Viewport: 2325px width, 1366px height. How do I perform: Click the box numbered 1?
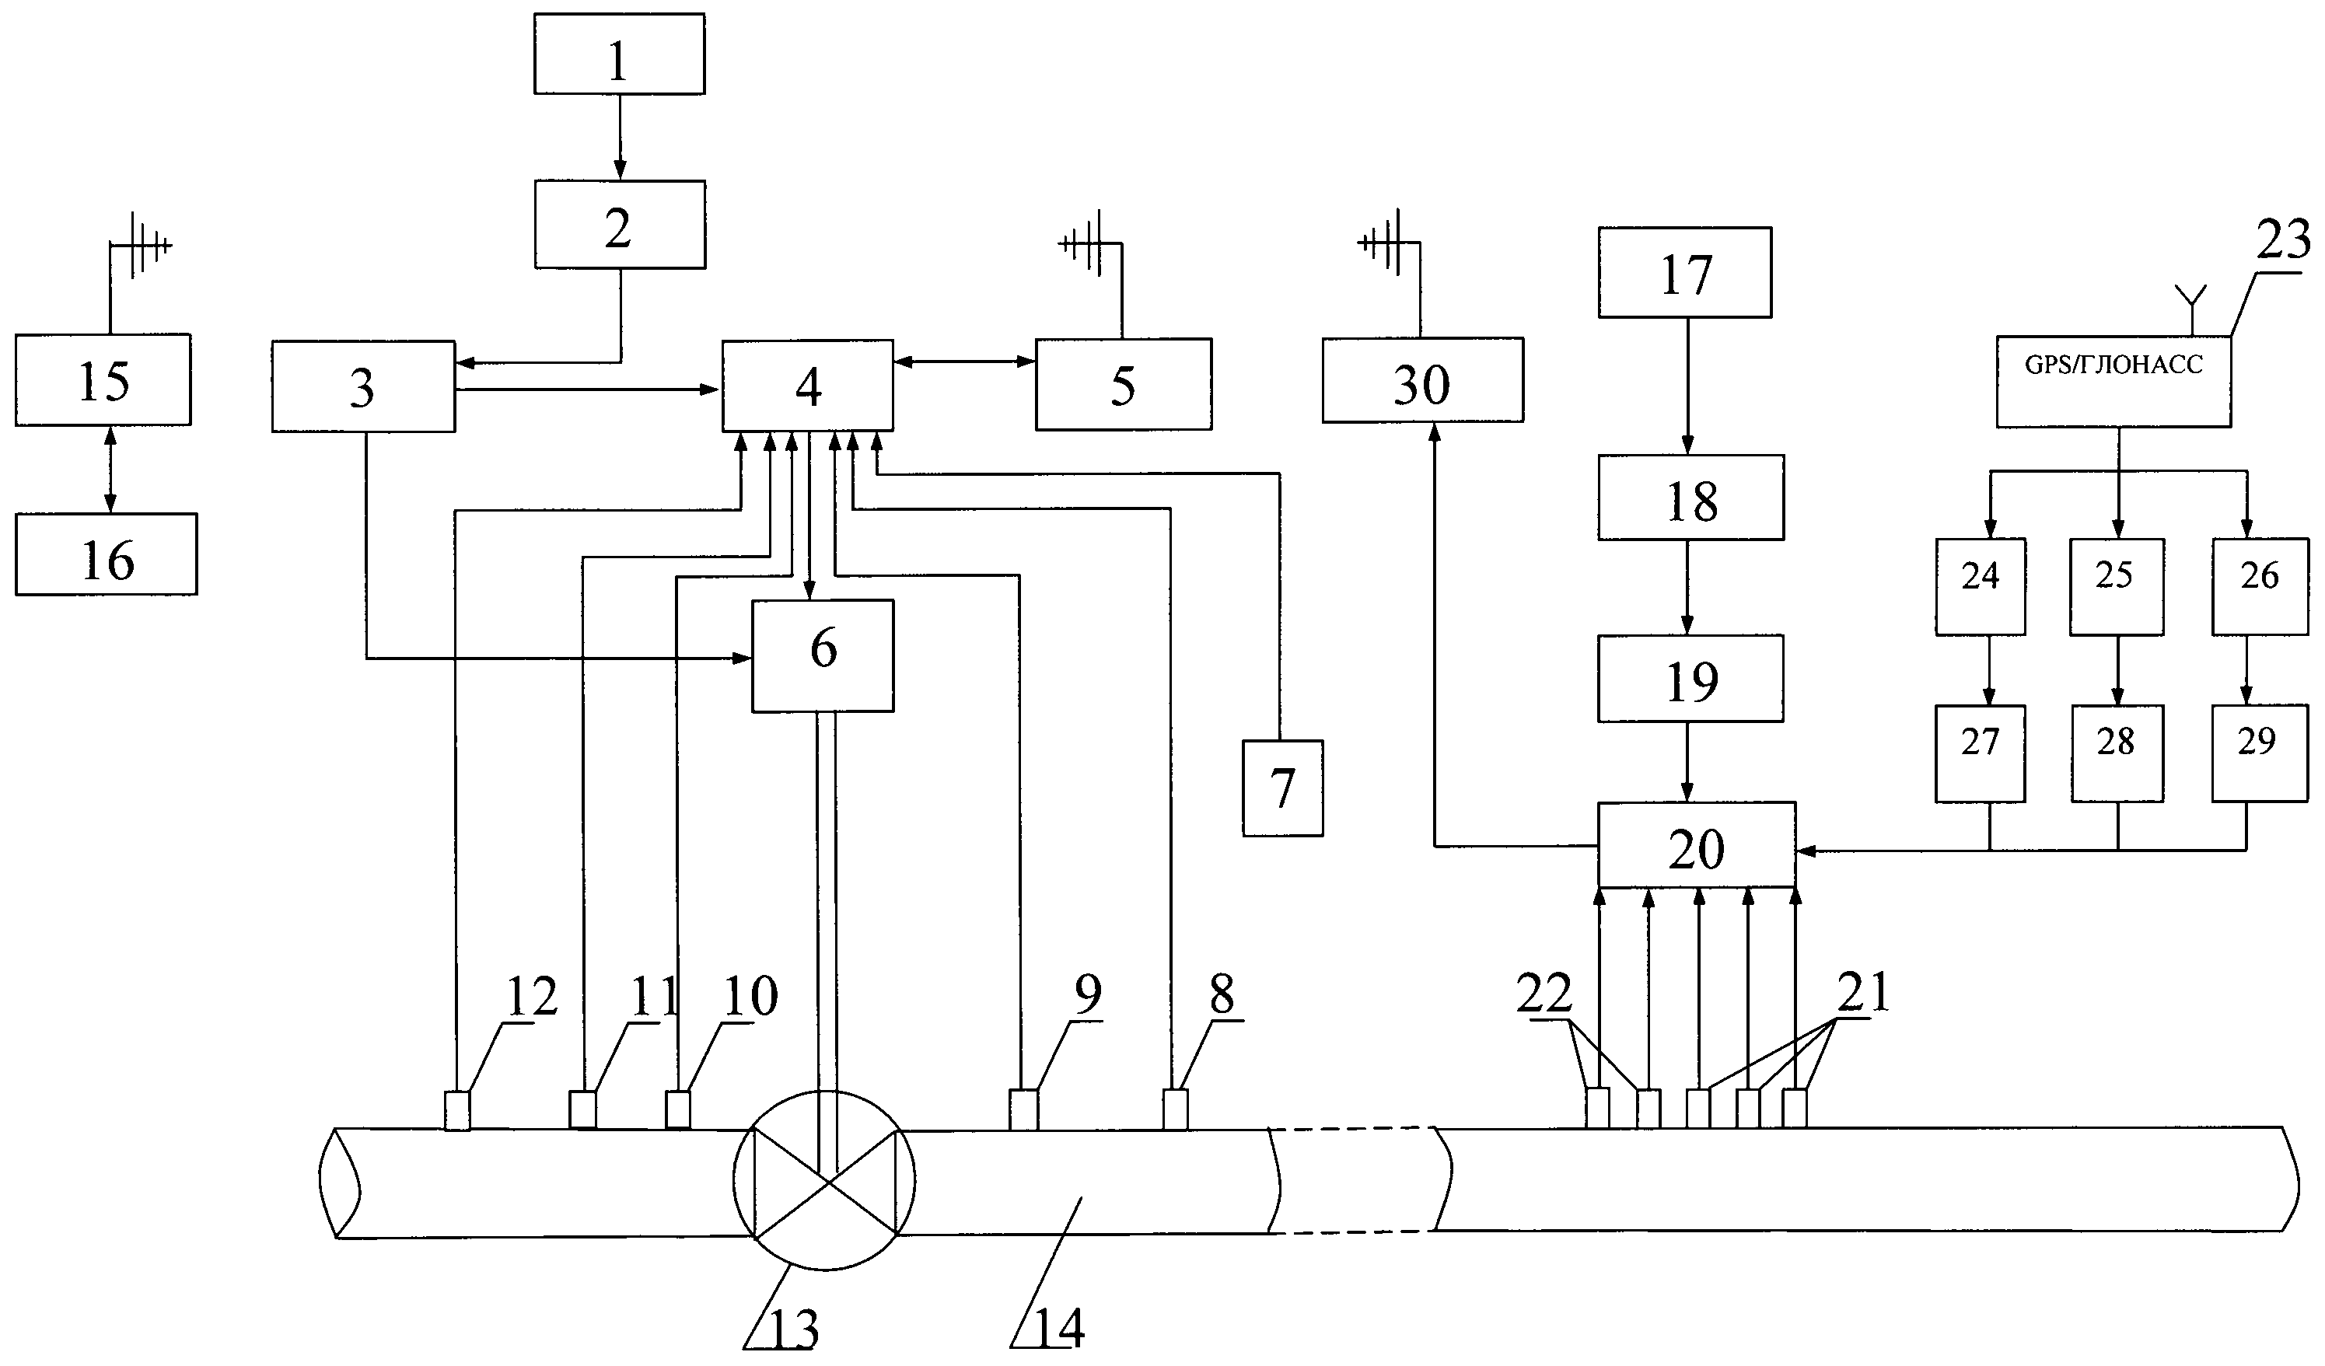tap(619, 54)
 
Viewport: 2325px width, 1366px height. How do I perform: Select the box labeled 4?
tap(807, 385)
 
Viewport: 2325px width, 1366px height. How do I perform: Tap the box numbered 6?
tap(823, 656)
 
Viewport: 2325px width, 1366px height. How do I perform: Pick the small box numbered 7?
tap(1282, 788)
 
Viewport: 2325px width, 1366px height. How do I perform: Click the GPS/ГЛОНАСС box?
tap(2113, 381)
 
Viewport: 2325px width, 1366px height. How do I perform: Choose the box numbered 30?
tap(1423, 380)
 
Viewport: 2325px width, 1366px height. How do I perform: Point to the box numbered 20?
tap(1697, 845)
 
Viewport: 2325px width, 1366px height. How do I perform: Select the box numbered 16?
tap(106, 554)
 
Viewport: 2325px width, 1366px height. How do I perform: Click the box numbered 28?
tap(2117, 753)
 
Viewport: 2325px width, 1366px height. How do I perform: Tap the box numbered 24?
tap(1981, 587)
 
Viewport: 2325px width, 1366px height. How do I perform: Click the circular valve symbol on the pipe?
tap(825, 1179)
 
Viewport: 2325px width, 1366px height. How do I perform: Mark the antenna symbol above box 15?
tap(138, 246)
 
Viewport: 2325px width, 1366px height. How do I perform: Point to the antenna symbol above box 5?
tap(1089, 244)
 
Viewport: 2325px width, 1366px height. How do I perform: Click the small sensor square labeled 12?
tap(458, 1110)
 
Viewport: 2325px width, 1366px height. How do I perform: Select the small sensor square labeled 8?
tap(1174, 1109)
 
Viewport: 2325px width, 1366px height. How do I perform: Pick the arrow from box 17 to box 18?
tap(1687, 386)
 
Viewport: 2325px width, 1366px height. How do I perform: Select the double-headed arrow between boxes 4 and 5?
tap(965, 362)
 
